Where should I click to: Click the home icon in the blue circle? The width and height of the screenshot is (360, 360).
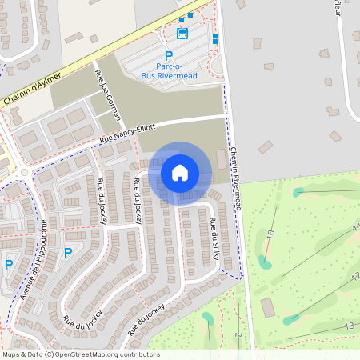point(180,172)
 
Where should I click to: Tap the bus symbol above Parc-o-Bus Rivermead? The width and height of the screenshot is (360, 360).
point(182,34)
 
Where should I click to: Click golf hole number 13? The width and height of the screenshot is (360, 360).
point(349,326)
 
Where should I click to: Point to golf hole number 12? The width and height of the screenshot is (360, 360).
point(354,277)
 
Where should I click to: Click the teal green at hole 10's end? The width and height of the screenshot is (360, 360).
point(265,262)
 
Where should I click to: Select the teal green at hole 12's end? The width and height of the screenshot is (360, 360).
point(290,320)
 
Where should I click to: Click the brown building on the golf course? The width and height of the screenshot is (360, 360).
point(267,307)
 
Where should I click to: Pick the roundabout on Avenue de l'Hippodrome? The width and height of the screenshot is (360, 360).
point(24,171)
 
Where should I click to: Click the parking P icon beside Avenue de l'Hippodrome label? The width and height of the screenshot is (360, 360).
point(68,253)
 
